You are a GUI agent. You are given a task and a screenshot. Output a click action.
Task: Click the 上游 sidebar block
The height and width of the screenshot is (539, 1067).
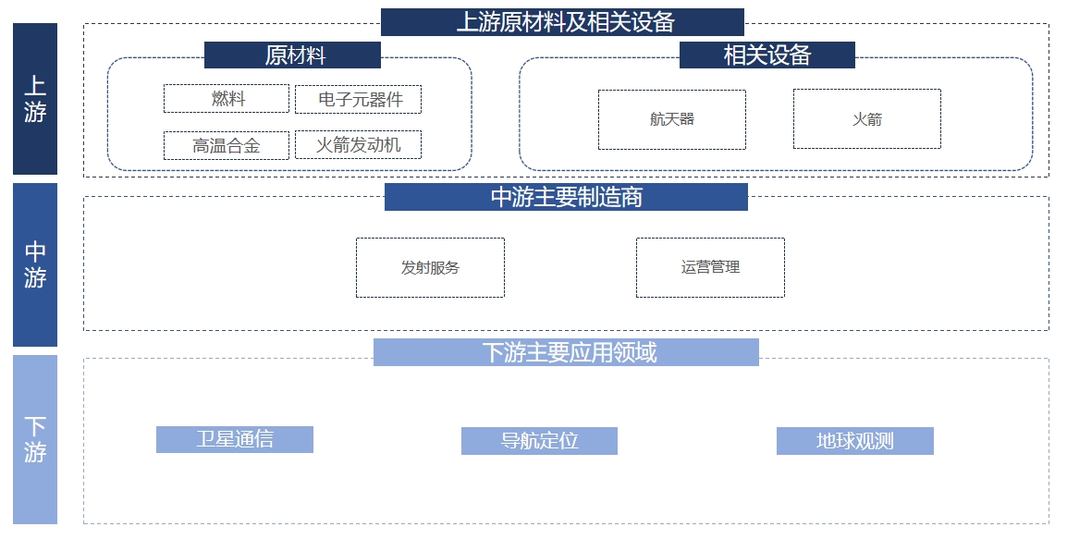pos(35,99)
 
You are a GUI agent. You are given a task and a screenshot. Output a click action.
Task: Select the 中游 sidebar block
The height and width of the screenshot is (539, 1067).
pos(35,264)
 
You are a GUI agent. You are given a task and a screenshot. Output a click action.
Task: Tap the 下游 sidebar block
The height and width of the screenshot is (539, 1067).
pos(35,439)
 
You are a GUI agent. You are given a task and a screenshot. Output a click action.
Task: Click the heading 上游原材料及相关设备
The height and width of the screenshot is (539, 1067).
pos(562,22)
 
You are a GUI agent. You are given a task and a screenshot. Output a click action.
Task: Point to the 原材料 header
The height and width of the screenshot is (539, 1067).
pos(292,55)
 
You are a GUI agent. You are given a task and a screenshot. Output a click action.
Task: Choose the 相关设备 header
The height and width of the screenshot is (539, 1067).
pos(767,55)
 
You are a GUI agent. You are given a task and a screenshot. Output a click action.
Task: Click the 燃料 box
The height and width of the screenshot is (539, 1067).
pos(227,99)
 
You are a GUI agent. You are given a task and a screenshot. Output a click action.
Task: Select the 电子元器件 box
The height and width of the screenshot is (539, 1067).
pos(358,99)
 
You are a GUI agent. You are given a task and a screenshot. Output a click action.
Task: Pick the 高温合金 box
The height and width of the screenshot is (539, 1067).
pos(227,145)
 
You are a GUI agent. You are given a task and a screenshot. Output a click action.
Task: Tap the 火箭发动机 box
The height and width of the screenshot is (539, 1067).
pos(358,144)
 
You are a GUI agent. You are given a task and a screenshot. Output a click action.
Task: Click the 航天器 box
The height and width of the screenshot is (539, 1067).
pos(671,119)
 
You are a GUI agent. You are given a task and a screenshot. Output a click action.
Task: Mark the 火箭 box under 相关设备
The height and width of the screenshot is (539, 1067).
pos(866,119)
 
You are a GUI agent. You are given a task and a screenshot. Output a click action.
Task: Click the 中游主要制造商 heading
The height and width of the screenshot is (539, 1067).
pos(566,197)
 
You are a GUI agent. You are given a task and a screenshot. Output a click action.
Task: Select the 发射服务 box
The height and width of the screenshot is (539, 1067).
pos(430,268)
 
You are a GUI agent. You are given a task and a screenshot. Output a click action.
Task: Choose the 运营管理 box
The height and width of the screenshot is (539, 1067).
pos(710,268)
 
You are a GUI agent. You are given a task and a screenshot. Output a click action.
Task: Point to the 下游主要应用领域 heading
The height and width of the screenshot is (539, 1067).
pos(566,352)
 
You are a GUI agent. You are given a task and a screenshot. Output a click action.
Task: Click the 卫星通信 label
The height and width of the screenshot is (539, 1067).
pos(235,439)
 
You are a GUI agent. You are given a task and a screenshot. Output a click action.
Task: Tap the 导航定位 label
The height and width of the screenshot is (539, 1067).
pos(539,441)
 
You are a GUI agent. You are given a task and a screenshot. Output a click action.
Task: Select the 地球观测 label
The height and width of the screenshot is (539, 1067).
pos(854,441)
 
